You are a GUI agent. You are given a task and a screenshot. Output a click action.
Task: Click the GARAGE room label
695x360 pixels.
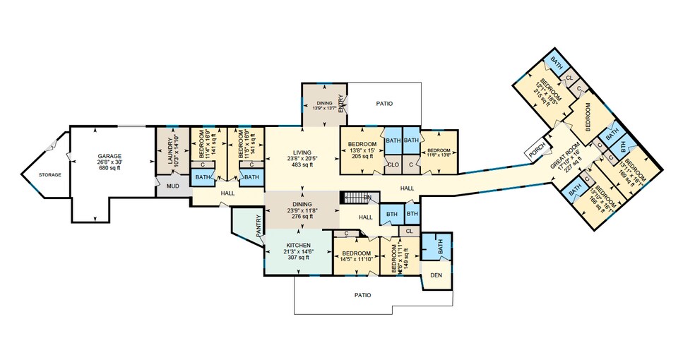tap(109, 156)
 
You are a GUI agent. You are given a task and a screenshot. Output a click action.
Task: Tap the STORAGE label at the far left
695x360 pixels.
tap(49, 174)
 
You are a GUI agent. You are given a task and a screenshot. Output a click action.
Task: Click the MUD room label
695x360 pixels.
tap(173, 187)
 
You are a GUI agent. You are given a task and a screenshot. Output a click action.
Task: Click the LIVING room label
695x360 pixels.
tap(302, 152)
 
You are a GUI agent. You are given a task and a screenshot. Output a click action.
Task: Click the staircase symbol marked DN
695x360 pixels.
tap(356, 198)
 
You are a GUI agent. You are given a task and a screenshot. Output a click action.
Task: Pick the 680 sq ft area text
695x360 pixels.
tap(109, 169)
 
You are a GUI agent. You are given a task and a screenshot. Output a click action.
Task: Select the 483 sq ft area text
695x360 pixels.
tap(302, 166)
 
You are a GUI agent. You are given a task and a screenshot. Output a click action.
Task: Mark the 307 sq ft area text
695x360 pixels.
tap(297, 258)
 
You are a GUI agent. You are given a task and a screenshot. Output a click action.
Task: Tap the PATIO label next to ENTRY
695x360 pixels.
tap(384, 104)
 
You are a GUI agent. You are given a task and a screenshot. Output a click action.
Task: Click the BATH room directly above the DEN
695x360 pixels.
tap(439, 248)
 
